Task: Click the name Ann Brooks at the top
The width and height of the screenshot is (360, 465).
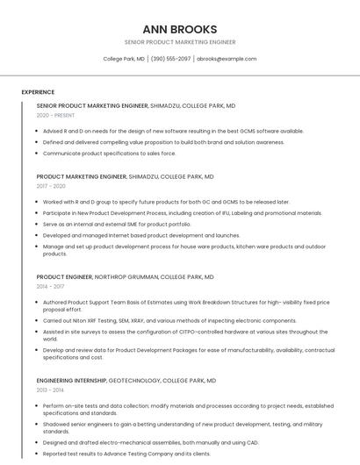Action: point(179,29)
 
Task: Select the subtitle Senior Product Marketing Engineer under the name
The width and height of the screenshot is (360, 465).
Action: point(179,42)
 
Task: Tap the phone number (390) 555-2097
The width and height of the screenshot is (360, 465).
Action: point(170,59)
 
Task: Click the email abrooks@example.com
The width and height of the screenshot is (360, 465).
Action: point(227,59)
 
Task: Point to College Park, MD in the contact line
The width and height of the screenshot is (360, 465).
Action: point(124,59)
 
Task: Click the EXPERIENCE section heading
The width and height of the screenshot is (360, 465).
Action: point(38,92)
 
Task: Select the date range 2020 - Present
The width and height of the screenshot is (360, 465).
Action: point(55,115)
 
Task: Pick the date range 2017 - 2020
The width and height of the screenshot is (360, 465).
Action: point(51,186)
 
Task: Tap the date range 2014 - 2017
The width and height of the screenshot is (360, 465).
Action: point(50,286)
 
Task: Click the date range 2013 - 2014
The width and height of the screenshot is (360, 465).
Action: point(50,390)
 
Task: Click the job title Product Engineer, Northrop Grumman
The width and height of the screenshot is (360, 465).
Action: point(125,277)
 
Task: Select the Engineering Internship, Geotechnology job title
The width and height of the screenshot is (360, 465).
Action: point(126,381)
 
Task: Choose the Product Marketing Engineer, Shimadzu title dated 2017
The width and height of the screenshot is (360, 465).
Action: point(125,176)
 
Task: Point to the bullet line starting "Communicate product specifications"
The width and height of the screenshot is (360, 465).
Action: point(109,153)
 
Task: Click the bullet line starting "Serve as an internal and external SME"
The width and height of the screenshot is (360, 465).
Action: point(116,224)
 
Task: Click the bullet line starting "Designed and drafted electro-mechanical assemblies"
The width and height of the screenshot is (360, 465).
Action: point(151,443)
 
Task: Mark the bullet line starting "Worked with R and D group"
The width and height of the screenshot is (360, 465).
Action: point(166,202)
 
